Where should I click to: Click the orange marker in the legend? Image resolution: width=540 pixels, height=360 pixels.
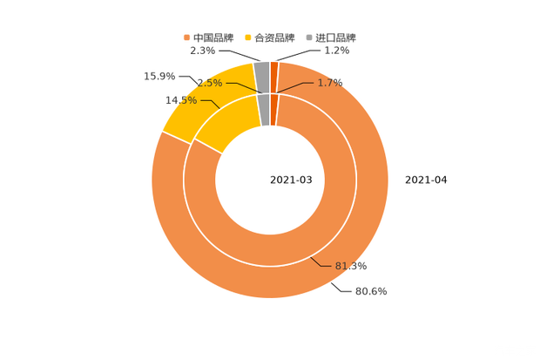click(x=186, y=37)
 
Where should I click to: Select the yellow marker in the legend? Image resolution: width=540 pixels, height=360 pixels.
click(x=248, y=37)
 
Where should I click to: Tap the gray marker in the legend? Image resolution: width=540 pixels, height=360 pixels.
click(x=309, y=37)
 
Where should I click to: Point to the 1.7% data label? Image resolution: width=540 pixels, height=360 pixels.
click(x=330, y=83)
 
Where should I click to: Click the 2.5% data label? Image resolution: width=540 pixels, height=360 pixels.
click(x=208, y=83)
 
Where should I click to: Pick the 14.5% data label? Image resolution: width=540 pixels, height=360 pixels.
click(x=181, y=100)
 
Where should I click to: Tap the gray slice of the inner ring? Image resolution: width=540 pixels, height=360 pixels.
click(x=263, y=109)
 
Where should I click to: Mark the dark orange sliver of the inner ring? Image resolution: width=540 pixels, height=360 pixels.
click(x=273, y=109)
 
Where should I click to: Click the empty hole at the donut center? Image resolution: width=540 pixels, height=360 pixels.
click(x=270, y=180)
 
